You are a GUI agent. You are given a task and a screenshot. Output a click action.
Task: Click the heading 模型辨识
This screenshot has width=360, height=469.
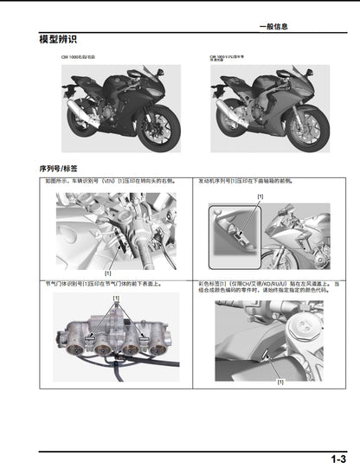click(58, 40)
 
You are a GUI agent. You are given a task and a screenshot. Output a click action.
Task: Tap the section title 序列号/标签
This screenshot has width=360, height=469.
click(59, 168)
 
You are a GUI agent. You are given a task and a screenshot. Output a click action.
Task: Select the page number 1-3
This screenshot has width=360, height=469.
click(337, 459)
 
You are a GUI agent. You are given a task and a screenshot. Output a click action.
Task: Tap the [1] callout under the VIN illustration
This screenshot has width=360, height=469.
click(108, 273)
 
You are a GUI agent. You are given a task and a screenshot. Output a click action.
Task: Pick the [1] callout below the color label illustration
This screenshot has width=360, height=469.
click(280, 382)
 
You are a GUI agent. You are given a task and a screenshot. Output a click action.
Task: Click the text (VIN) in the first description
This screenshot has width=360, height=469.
click(108, 183)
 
